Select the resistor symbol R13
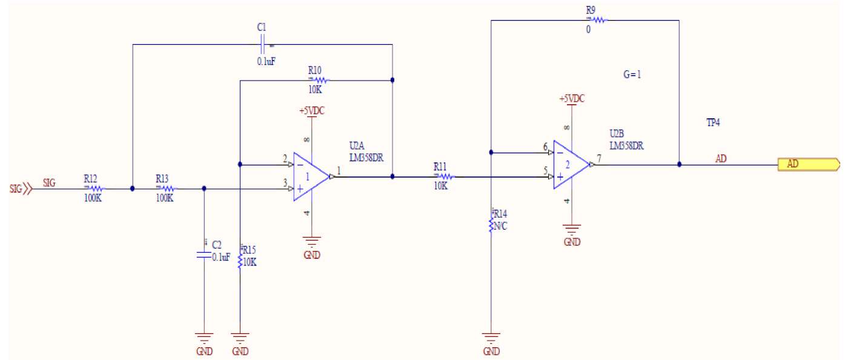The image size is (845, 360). click(165, 188)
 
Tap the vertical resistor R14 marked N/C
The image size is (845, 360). click(492, 225)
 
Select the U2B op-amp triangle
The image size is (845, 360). click(570, 164)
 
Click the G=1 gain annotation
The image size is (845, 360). click(632, 75)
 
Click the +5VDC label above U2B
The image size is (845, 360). click(571, 99)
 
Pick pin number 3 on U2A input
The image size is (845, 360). click(285, 182)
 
